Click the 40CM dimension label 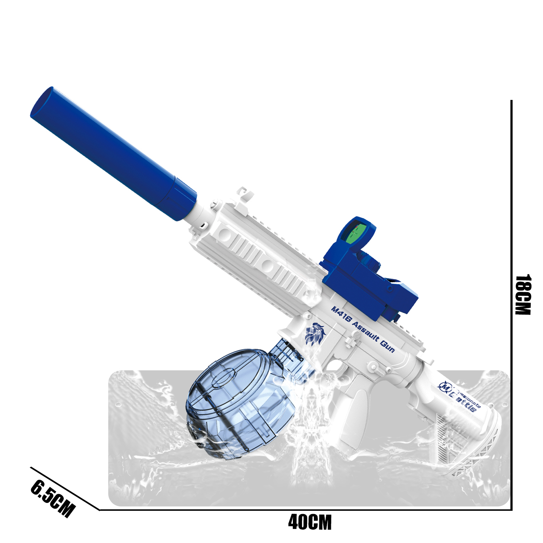click(x=310, y=523)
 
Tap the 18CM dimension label click(x=523, y=295)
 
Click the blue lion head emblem click(x=315, y=333)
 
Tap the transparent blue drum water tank click(x=241, y=402)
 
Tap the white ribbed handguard click(x=264, y=261)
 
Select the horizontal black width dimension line click(x=306, y=510)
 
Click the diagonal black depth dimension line click(x=65, y=489)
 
